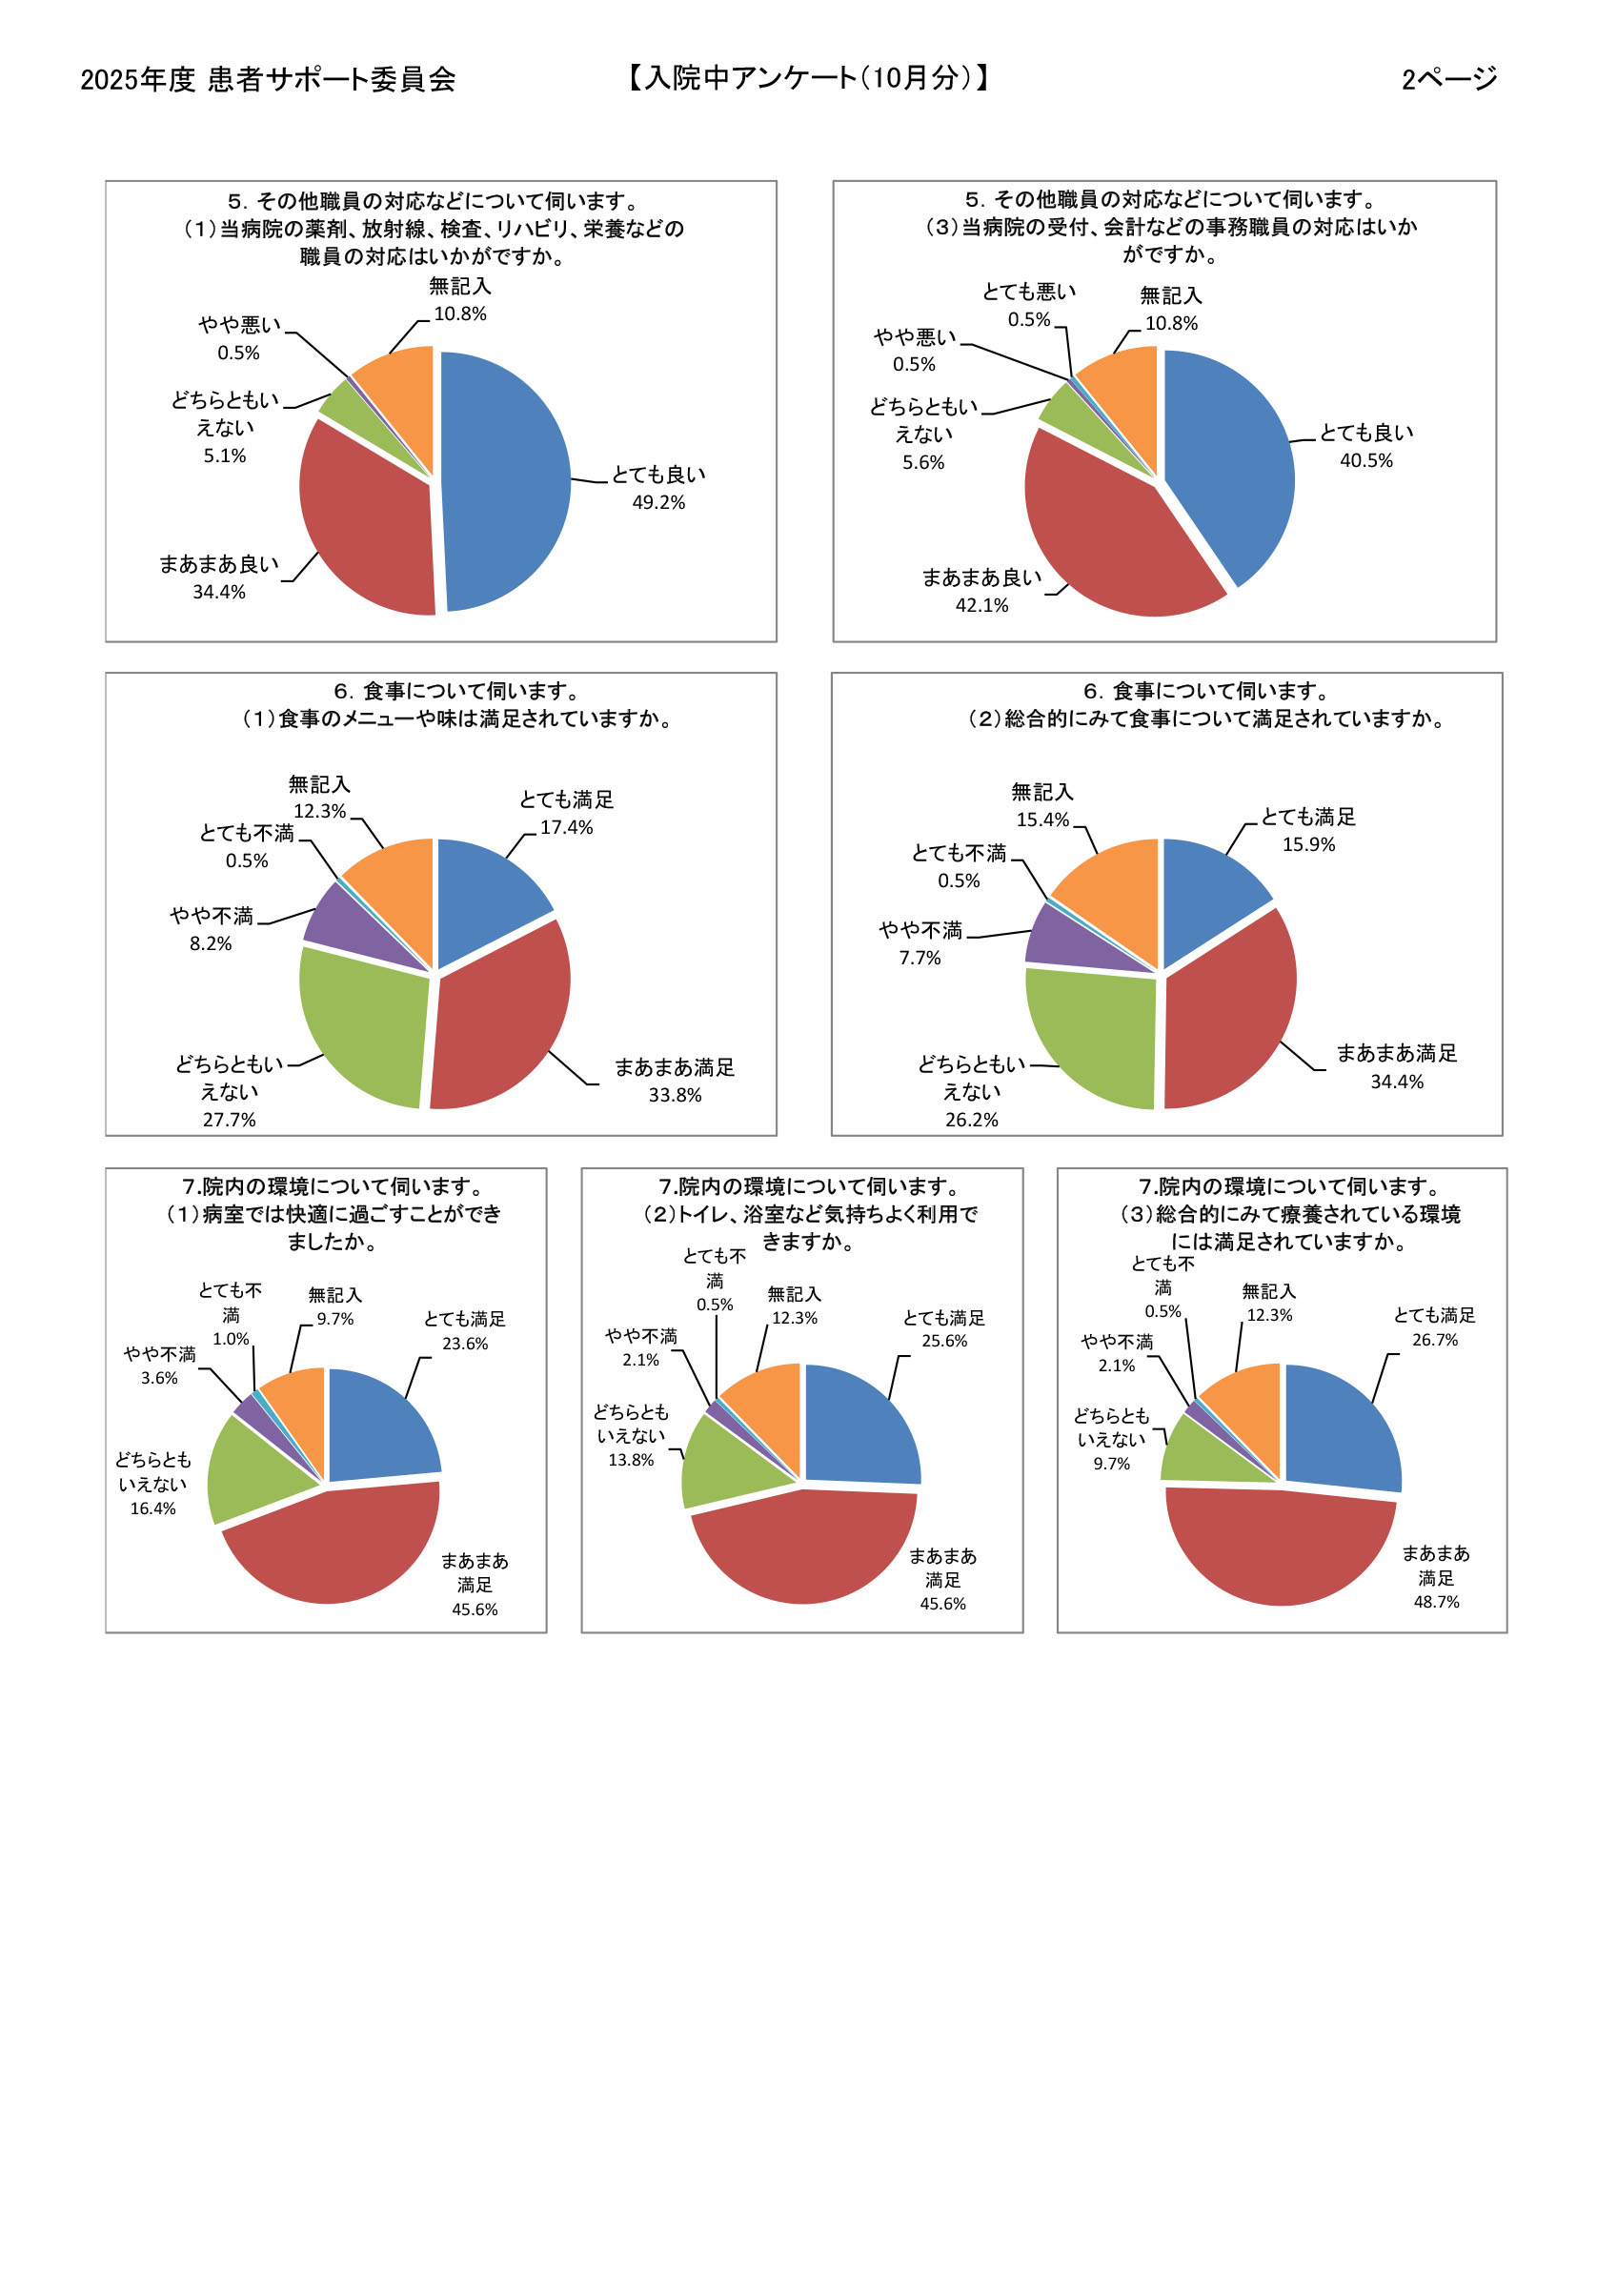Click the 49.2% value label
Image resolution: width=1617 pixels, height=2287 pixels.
(658, 502)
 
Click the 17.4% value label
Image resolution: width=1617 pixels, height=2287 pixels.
(566, 827)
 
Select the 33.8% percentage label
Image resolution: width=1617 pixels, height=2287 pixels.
(675, 1095)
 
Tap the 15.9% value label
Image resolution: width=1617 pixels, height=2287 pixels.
(1308, 843)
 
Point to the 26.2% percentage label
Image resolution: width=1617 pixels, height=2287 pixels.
(971, 1120)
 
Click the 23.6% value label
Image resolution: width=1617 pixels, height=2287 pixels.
(464, 1344)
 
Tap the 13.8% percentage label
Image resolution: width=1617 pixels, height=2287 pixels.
(631, 1459)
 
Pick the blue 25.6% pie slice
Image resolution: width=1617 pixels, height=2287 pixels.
(859, 1425)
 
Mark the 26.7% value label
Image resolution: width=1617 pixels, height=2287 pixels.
(1435, 1340)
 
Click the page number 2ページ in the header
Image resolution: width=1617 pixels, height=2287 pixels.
(1449, 79)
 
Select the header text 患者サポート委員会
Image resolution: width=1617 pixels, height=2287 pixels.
(332, 80)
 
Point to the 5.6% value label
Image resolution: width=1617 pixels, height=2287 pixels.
(922, 462)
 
